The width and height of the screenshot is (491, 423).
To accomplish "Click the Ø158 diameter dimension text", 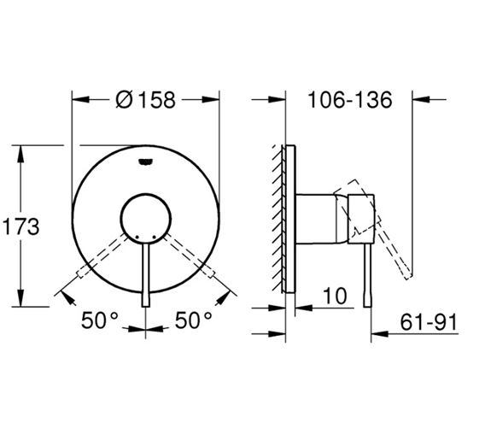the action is click(x=145, y=100).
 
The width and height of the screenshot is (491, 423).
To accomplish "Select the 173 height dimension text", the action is click(x=20, y=226).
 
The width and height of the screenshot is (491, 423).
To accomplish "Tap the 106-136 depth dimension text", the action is click(x=350, y=100).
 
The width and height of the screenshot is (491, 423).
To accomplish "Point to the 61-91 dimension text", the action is click(x=429, y=322).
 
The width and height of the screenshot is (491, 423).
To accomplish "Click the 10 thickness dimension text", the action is click(x=335, y=296).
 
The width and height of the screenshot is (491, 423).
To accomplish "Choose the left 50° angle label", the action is click(x=100, y=320).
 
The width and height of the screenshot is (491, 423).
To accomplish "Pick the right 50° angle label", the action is click(x=193, y=320).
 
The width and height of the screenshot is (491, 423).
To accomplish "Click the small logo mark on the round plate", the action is click(x=145, y=162).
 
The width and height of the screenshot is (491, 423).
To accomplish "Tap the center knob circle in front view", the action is click(x=146, y=219).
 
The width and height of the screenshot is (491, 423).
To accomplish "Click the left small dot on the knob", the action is click(x=137, y=237).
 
